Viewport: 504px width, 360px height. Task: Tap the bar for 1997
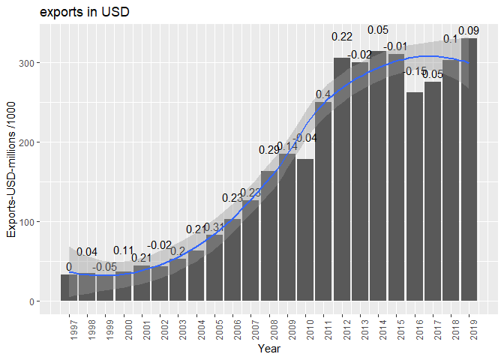69,288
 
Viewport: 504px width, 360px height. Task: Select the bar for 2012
341,179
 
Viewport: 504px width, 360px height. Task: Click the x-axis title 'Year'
269,349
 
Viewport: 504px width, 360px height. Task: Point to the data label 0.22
342,37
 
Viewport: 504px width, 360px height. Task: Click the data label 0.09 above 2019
469,31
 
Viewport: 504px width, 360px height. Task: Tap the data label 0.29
269,150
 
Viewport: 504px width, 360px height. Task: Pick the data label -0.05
105,267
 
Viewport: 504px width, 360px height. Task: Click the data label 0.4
323,94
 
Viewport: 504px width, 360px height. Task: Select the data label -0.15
414,72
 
